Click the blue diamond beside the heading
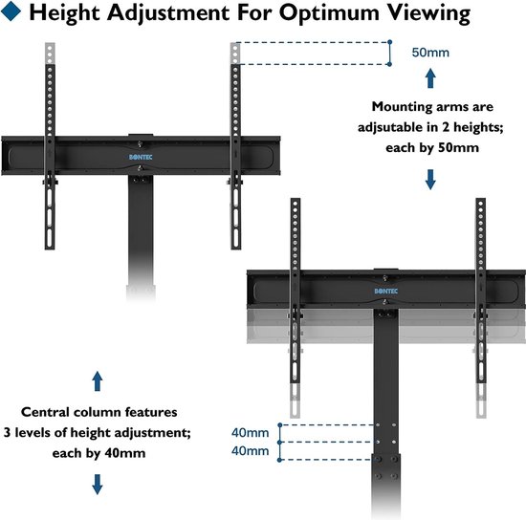tap(11, 11)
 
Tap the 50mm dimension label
tap(430, 53)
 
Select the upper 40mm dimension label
tap(251, 432)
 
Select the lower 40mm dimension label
tap(251, 450)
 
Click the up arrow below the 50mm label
tap(430, 78)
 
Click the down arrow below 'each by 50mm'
tap(430, 180)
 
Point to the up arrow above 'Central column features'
tap(98, 380)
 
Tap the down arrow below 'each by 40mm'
tap(98, 484)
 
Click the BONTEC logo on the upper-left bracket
tap(141, 157)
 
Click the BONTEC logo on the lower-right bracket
tap(385, 291)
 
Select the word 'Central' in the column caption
tap(45, 412)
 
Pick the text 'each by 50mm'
tap(432, 148)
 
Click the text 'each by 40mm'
tap(99, 453)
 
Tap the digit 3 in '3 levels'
tap(7, 432)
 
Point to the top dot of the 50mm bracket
tap(389, 42)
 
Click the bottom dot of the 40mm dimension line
tap(279, 460)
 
